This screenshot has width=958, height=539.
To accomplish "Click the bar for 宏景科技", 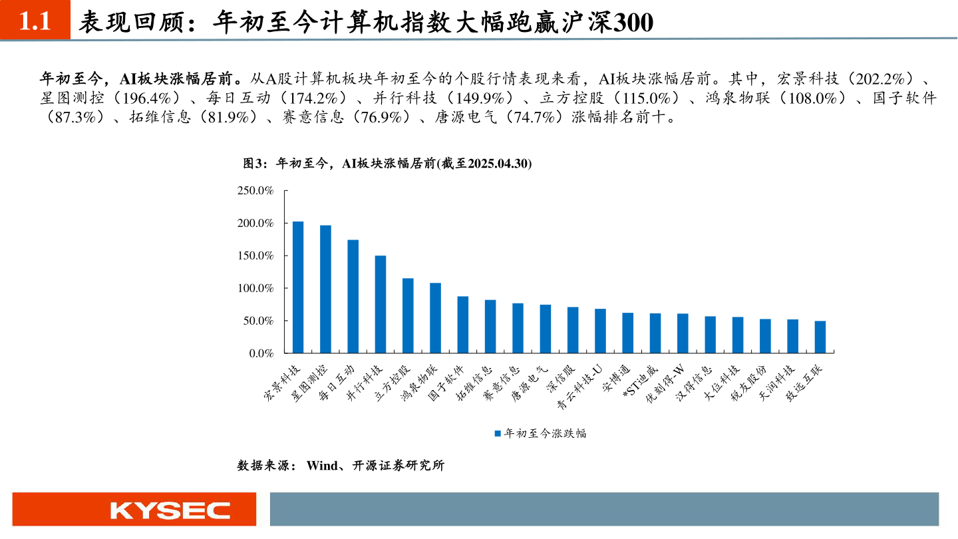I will [298, 287].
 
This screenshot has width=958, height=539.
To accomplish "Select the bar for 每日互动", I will [353, 297].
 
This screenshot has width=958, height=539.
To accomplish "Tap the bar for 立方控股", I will [408, 316].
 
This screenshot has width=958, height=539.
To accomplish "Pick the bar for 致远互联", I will [820, 337].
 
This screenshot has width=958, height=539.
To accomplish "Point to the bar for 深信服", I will [573, 330].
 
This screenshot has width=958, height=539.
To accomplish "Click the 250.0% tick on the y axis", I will [255, 191].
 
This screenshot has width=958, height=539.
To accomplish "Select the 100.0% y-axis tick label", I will [255, 288].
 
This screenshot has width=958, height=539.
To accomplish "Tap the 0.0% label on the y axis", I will [261, 353].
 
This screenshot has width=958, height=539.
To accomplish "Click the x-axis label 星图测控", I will [310, 382].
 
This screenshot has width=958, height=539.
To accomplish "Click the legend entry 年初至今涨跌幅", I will [540, 433].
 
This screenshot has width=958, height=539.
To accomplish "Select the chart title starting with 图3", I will [387, 164].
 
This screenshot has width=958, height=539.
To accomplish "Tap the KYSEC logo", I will [170, 510].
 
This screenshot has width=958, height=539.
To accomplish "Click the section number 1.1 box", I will [35, 22].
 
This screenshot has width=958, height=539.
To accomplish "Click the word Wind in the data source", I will [322, 466].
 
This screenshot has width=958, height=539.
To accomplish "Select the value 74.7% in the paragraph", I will [530, 118].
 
